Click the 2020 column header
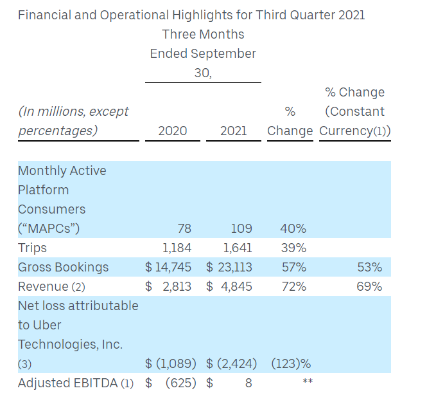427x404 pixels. [x=173, y=131]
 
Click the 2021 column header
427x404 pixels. [x=234, y=131]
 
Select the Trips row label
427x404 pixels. [x=32, y=248]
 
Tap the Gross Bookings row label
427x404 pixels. [x=63, y=267]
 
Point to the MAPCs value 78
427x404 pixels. [x=184, y=228]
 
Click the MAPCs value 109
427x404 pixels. [x=241, y=228]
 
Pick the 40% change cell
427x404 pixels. [x=293, y=228]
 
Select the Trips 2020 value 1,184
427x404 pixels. [x=176, y=248]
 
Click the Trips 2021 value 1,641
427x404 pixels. [x=237, y=248]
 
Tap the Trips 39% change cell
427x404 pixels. [x=293, y=248]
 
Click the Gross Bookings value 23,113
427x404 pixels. [x=234, y=267]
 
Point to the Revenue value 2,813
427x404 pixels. [x=176, y=286]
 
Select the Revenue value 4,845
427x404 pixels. [x=237, y=286]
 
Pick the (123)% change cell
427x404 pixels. [x=289, y=363]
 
